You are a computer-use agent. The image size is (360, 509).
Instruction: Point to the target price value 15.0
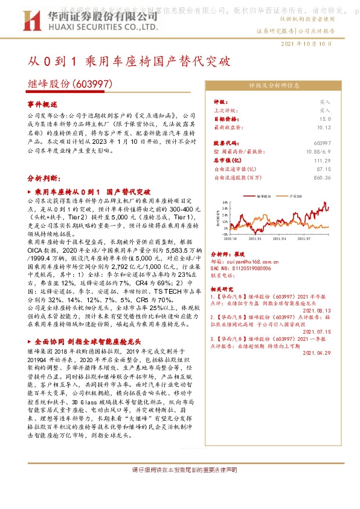pyautogui.click(x=324, y=119)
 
